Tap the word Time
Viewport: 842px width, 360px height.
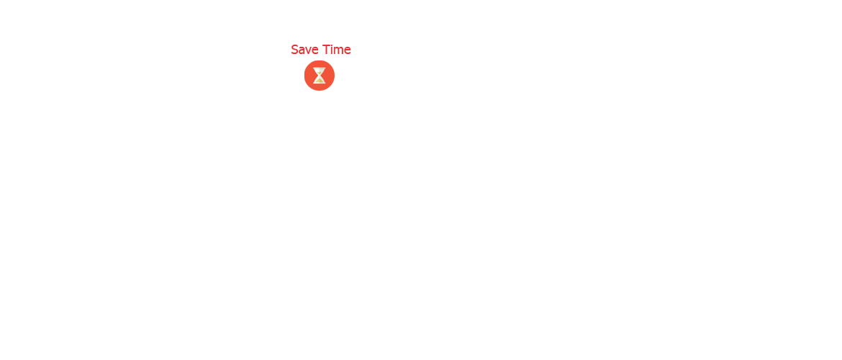[x=336, y=50]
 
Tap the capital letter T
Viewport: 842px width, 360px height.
[x=325, y=50]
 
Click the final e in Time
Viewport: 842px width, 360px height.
[x=348, y=50]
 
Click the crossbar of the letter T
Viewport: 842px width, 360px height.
[x=325, y=45]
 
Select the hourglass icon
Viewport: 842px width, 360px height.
[x=320, y=75]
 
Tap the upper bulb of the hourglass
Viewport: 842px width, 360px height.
[x=320, y=72]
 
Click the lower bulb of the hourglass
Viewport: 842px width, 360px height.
[x=320, y=79]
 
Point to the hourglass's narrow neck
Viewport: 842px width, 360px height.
[x=320, y=76]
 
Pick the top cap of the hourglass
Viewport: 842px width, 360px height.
[x=320, y=68]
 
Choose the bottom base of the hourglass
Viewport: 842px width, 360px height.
[x=320, y=83]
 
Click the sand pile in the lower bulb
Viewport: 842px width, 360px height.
[x=320, y=80]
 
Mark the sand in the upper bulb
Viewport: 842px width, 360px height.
[x=320, y=73]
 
